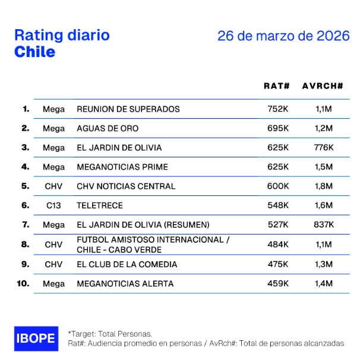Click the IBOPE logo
(x=36, y=338)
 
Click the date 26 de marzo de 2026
(x=283, y=36)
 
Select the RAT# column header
(x=277, y=86)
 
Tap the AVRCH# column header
(x=323, y=86)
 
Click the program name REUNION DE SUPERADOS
(x=128, y=109)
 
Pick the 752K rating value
(x=278, y=109)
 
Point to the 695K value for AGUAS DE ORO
(x=278, y=128)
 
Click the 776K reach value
(x=324, y=147)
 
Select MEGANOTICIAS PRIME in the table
(x=122, y=167)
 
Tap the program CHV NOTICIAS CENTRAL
(x=126, y=186)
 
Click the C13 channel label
(x=53, y=205)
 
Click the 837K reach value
(x=324, y=224)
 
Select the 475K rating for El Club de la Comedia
(x=278, y=264)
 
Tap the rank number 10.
(x=23, y=283)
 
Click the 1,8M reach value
(x=324, y=186)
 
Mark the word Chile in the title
(x=34, y=52)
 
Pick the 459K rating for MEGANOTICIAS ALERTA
(x=278, y=284)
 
